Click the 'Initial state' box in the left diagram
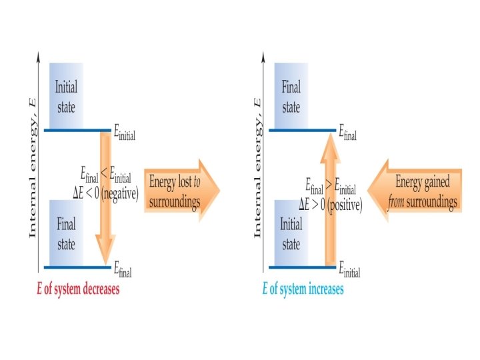pos(66,96)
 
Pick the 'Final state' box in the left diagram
pos(66,233)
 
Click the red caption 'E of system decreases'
pos(78,290)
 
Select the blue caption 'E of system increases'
pos(303,290)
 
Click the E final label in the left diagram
pos(123,271)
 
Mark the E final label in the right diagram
pos(347,134)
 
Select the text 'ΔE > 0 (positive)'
pos(332,205)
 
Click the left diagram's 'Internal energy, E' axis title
pos(31,167)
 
